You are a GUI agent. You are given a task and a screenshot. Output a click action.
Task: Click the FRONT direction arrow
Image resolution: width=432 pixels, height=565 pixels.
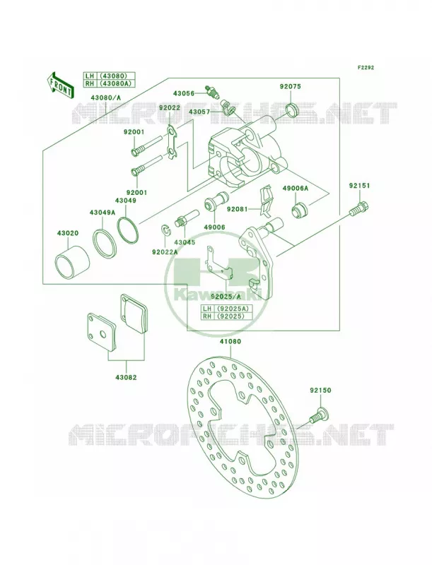tap(60, 84)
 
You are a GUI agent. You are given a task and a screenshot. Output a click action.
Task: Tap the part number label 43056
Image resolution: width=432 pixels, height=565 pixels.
tap(184, 94)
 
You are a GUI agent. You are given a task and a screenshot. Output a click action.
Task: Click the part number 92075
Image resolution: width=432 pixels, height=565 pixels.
tap(291, 86)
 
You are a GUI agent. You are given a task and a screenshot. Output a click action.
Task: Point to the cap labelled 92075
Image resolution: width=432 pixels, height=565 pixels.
tap(292, 109)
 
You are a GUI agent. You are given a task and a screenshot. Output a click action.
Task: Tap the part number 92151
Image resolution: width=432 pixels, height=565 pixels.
tap(359, 186)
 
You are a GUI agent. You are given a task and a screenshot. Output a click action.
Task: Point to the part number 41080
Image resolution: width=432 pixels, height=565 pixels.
tap(229, 341)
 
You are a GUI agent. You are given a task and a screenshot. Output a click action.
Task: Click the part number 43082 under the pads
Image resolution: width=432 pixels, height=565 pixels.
tap(126, 377)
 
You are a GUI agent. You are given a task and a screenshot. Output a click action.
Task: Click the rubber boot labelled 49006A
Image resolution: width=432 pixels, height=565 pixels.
tap(300, 210)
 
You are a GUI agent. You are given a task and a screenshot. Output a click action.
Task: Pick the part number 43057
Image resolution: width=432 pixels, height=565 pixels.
tap(199, 112)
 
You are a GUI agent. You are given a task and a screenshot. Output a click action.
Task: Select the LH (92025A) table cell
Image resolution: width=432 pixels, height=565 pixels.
tap(226, 309)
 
